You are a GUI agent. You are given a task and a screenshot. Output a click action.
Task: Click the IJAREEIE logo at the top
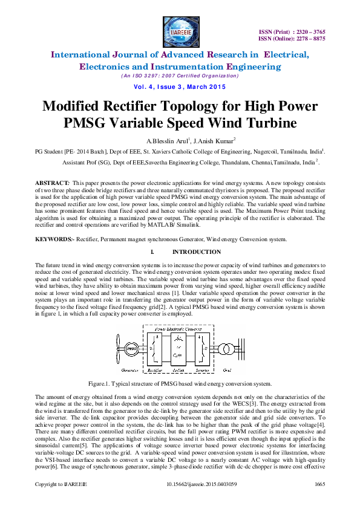(x=180, y=31)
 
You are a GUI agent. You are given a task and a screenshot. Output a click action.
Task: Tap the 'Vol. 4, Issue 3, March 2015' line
(x=180, y=87)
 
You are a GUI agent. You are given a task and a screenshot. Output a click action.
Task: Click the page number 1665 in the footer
(x=320, y=501)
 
